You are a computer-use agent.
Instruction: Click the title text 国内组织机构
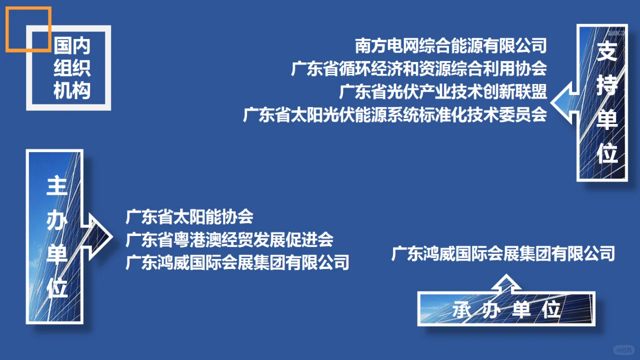pos(72,69)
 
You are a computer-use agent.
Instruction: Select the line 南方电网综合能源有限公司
pos(451,46)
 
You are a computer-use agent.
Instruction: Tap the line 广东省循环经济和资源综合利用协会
pos(419,69)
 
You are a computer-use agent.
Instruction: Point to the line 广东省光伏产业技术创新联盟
pos(443,92)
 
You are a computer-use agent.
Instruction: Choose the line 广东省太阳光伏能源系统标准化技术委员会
pos(395,115)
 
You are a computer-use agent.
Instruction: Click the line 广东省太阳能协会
pos(190,217)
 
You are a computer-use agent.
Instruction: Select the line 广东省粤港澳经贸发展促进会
pos(229,240)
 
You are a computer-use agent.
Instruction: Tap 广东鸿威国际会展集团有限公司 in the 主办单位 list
pos(237,262)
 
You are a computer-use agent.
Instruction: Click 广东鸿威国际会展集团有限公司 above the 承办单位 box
pos(503,253)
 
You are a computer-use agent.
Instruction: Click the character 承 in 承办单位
pos(463,310)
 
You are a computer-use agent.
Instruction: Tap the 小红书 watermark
pos(623,349)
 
